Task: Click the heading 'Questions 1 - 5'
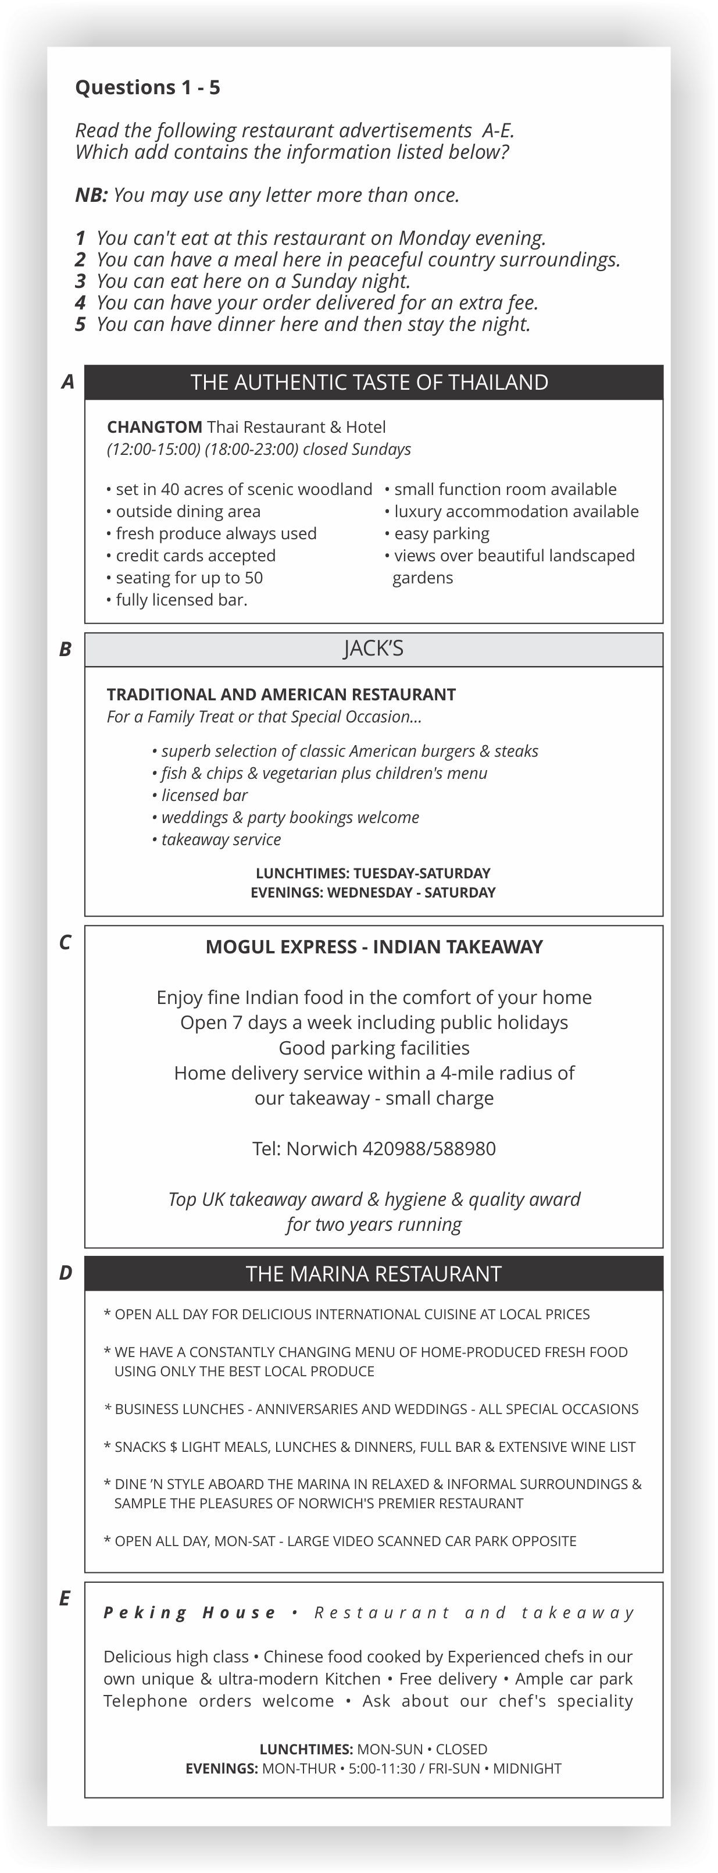pyautogui.click(x=148, y=88)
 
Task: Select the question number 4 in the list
pyautogui.click(x=80, y=302)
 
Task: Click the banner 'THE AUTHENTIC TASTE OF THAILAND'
pyautogui.click(x=369, y=383)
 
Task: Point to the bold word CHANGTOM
pyautogui.click(x=154, y=427)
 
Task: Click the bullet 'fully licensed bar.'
pyautogui.click(x=181, y=600)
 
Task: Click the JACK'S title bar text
pyautogui.click(x=373, y=649)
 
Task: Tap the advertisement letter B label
pyautogui.click(x=65, y=649)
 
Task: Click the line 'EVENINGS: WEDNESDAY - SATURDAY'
pyautogui.click(x=373, y=893)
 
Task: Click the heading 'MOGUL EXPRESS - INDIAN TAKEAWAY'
pyautogui.click(x=373, y=947)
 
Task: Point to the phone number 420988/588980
pyautogui.click(x=429, y=1149)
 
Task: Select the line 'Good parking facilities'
pyautogui.click(x=373, y=1048)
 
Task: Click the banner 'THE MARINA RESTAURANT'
pyautogui.click(x=373, y=1274)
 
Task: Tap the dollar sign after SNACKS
pyautogui.click(x=174, y=1448)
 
